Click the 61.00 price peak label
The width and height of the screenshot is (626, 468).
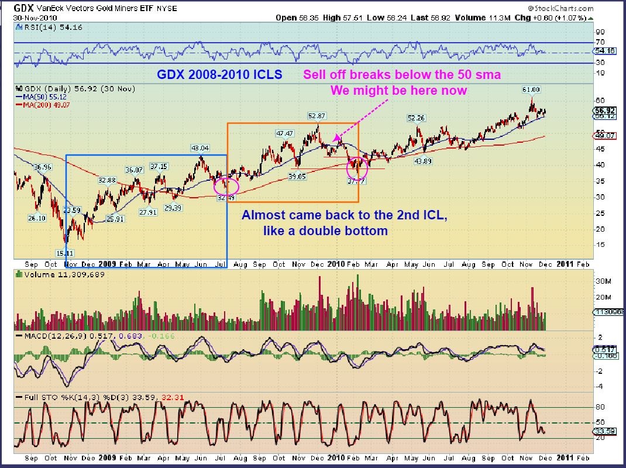click(x=531, y=90)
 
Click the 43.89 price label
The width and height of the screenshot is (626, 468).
click(x=423, y=161)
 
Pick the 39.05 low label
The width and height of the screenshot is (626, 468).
click(x=297, y=175)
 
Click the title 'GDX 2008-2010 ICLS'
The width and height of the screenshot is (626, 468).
click(x=219, y=75)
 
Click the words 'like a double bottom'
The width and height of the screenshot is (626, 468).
click(x=325, y=230)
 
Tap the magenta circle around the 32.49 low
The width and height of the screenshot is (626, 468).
click(x=226, y=186)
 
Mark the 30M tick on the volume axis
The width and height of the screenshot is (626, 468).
click(x=603, y=281)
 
